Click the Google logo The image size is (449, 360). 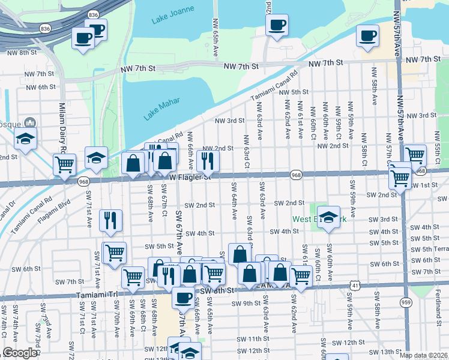coord(20,353)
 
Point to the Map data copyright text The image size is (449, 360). coord(423,355)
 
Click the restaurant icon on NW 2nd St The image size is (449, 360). coord(208,160)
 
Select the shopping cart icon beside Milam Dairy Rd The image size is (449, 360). coord(64,164)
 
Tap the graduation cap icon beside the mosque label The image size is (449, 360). coord(25,138)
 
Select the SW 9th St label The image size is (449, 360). coord(246,303)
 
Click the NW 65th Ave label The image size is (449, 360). coord(215,37)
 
